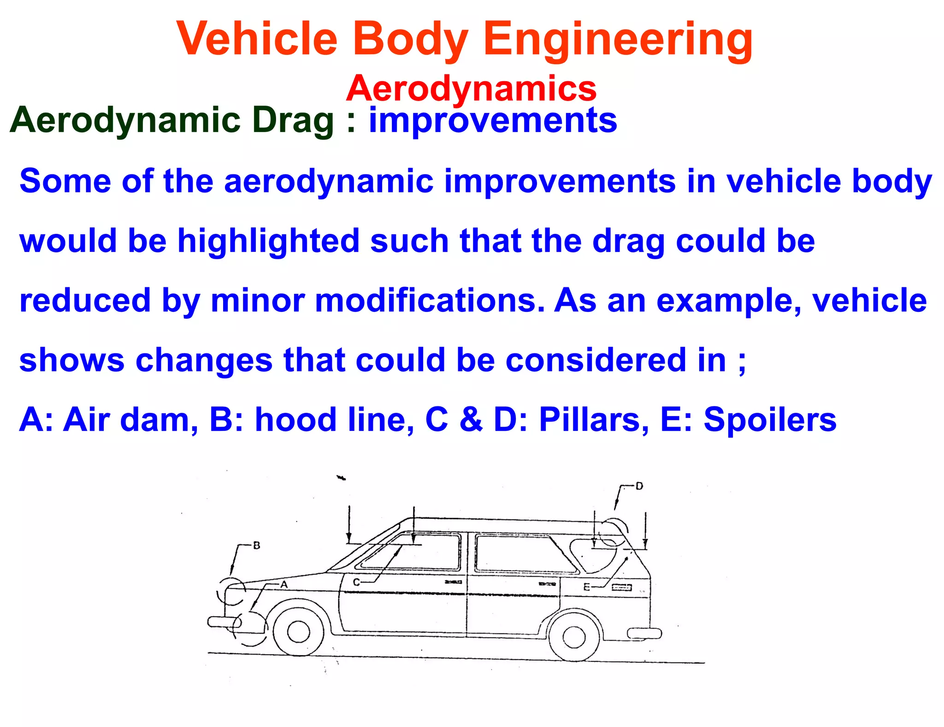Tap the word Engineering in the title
click(x=618, y=41)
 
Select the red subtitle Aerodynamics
click(x=471, y=88)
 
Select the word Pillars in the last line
click(x=594, y=420)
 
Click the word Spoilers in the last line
click(x=770, y=420)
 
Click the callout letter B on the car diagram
click(x=257, y=546)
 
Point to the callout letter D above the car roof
click(x=639, y=486)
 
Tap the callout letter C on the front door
click(x=356, y=582)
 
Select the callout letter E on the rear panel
click(x=587, y=587)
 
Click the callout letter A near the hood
click(x=284, y=584)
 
